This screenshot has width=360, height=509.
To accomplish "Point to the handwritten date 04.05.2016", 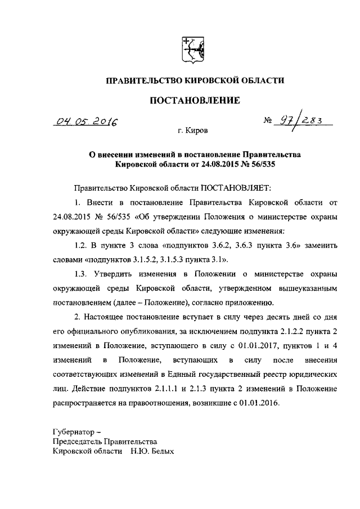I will click(87, 121).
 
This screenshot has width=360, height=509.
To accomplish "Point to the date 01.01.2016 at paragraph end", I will click(259, 404).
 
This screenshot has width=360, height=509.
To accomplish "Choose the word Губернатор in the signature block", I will click(72, 431).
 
